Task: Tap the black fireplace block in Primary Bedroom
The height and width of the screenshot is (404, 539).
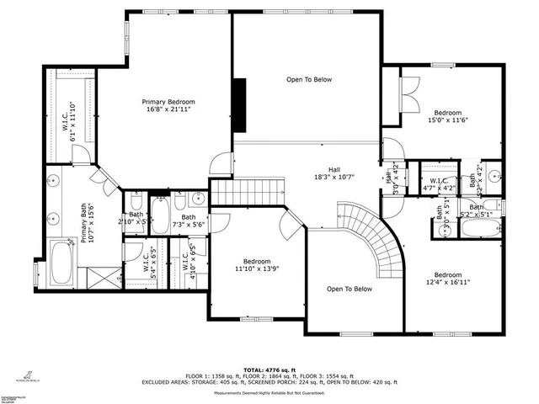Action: (240, 104)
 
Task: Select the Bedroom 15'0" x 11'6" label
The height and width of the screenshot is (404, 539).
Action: (447, 117)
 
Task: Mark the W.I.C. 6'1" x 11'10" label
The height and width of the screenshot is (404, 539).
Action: (68, 120)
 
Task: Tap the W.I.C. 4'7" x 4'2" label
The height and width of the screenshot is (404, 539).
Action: (438, 184)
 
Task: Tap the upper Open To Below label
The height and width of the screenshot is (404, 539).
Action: (309, 80)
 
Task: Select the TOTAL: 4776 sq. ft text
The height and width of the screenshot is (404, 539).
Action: (269, 369)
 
